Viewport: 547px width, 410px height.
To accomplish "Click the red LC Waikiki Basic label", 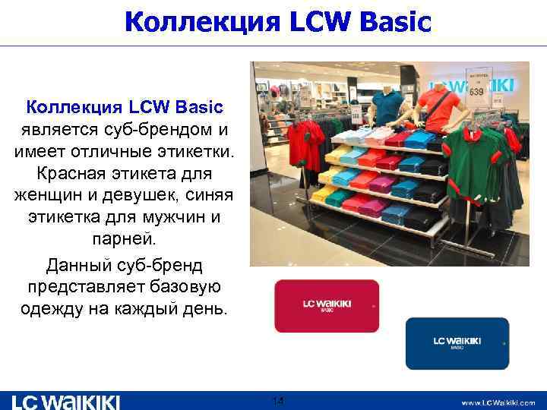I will pyautogui.click(x=327, y=305).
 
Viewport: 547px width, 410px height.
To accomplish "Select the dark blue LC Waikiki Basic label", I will pyautogui.click(x=457, y=342).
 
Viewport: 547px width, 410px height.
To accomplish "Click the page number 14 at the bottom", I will pyautogui.click(x=278, y=400).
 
